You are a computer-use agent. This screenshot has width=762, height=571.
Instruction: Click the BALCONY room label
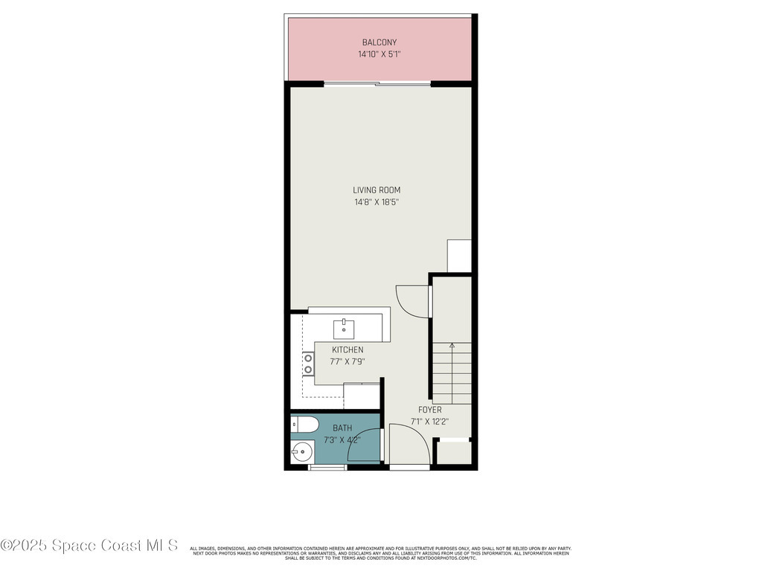coord(380,42)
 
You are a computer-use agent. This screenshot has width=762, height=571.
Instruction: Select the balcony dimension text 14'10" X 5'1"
coord(380,54)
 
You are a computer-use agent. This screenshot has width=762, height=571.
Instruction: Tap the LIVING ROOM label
coord(377,190)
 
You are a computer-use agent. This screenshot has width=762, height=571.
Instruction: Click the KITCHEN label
coord(348,349)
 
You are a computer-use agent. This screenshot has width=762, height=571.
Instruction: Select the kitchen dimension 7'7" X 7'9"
coord(348,362)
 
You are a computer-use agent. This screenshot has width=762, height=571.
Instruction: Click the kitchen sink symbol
coord(345,328)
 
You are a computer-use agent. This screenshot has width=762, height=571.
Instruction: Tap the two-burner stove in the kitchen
coord(307,364)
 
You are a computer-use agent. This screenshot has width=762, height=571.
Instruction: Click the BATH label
coord(342,428)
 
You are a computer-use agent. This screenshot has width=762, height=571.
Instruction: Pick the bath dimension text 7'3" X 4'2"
coord(342,439)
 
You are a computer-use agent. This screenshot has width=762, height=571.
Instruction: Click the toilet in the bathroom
coord(304,425)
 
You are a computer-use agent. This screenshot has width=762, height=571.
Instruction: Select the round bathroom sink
coord(301,451)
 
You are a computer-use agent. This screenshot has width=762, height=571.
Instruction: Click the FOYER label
coord(429,410)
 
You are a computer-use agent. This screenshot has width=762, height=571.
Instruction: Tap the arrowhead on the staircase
coord(452,346)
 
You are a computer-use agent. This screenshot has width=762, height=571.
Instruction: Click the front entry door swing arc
coord(412,441)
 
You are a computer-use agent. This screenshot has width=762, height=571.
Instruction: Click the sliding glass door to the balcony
coord(377,84)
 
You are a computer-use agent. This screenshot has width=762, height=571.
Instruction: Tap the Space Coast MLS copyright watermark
coord(89,545)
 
